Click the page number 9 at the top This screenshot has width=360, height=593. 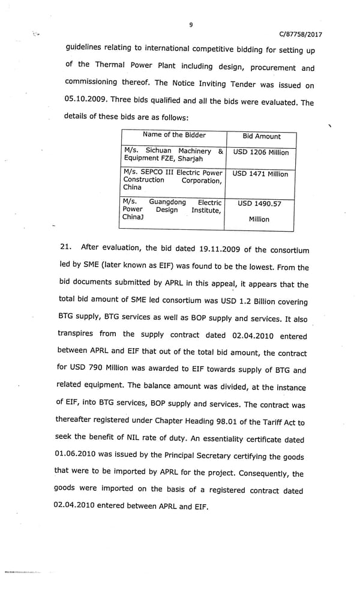pos(191,25)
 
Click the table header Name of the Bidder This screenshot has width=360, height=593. pos(174,135)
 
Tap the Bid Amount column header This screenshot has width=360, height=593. pos(261,136)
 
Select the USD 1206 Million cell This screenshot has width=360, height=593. pos(260,152)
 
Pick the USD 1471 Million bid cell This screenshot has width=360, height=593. pos(260,174)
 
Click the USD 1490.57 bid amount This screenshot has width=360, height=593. pos(259,204)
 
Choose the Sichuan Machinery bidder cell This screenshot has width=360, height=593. pos(173,155)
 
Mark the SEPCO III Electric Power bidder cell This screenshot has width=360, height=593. pos(173,179)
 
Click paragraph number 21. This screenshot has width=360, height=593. pos(67,247)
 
